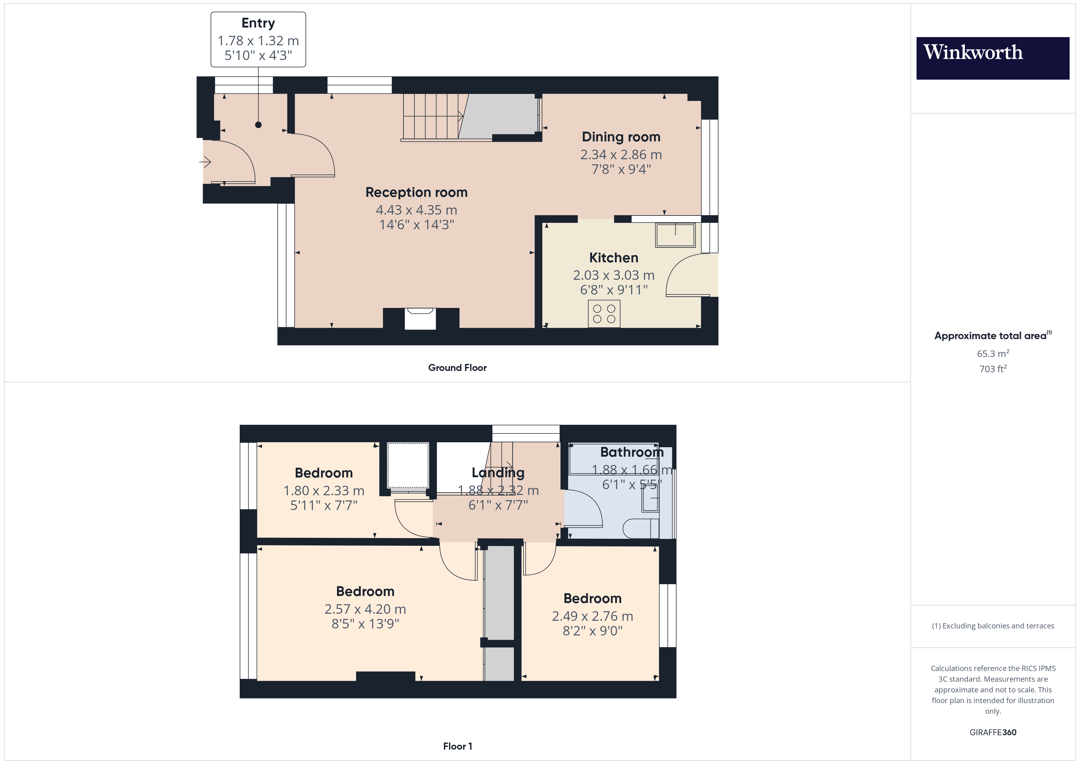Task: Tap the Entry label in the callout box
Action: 258,23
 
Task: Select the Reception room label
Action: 416,193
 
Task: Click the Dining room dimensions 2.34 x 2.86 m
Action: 621,155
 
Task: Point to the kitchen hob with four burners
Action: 604,314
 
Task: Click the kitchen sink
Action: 675,235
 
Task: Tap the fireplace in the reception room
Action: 420,319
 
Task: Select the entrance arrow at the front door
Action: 205,162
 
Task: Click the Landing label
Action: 498,473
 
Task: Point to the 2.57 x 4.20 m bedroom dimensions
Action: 365,609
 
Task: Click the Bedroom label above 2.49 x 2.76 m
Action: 592,598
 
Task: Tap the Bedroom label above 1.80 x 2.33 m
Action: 324,473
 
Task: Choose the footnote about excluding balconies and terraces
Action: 992,626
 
